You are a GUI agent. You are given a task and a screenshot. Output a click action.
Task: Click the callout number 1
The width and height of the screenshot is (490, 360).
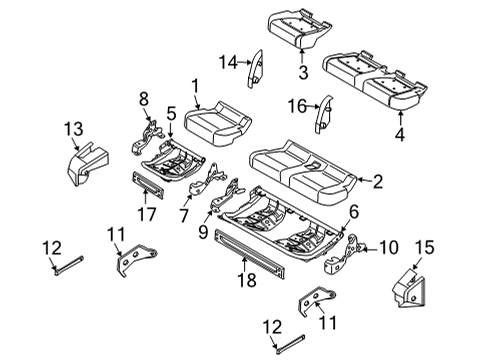click(196, 87)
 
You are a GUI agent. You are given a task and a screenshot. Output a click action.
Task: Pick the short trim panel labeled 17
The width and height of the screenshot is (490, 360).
click(149, 184)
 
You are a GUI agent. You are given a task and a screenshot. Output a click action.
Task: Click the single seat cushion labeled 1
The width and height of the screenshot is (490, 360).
click(213, 127)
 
